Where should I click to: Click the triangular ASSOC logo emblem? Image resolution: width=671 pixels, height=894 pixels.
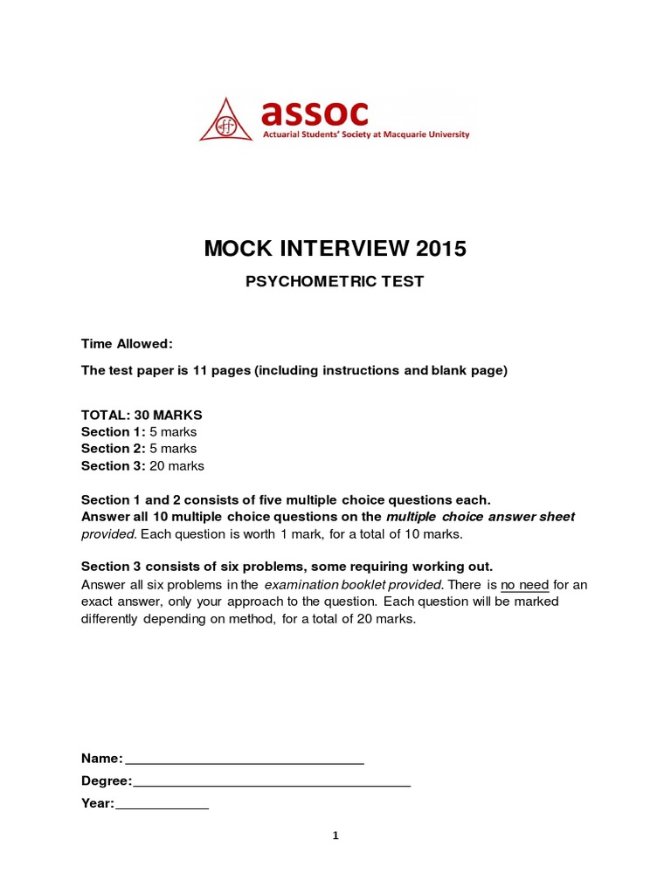click(227, 121)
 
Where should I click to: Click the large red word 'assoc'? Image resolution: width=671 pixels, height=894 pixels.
click(315, 113)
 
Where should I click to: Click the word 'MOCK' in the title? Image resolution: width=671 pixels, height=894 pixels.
click(235, 249)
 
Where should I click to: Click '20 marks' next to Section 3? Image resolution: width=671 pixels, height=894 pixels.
click(176, 466)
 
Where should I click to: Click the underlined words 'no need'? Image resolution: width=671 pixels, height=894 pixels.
click(524, 585)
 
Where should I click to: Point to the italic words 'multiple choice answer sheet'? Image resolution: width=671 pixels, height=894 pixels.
click(481, 517)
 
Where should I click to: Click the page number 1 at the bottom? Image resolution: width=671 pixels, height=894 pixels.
click(335, 836)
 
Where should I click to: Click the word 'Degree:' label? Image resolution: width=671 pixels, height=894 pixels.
click(106, 781)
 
